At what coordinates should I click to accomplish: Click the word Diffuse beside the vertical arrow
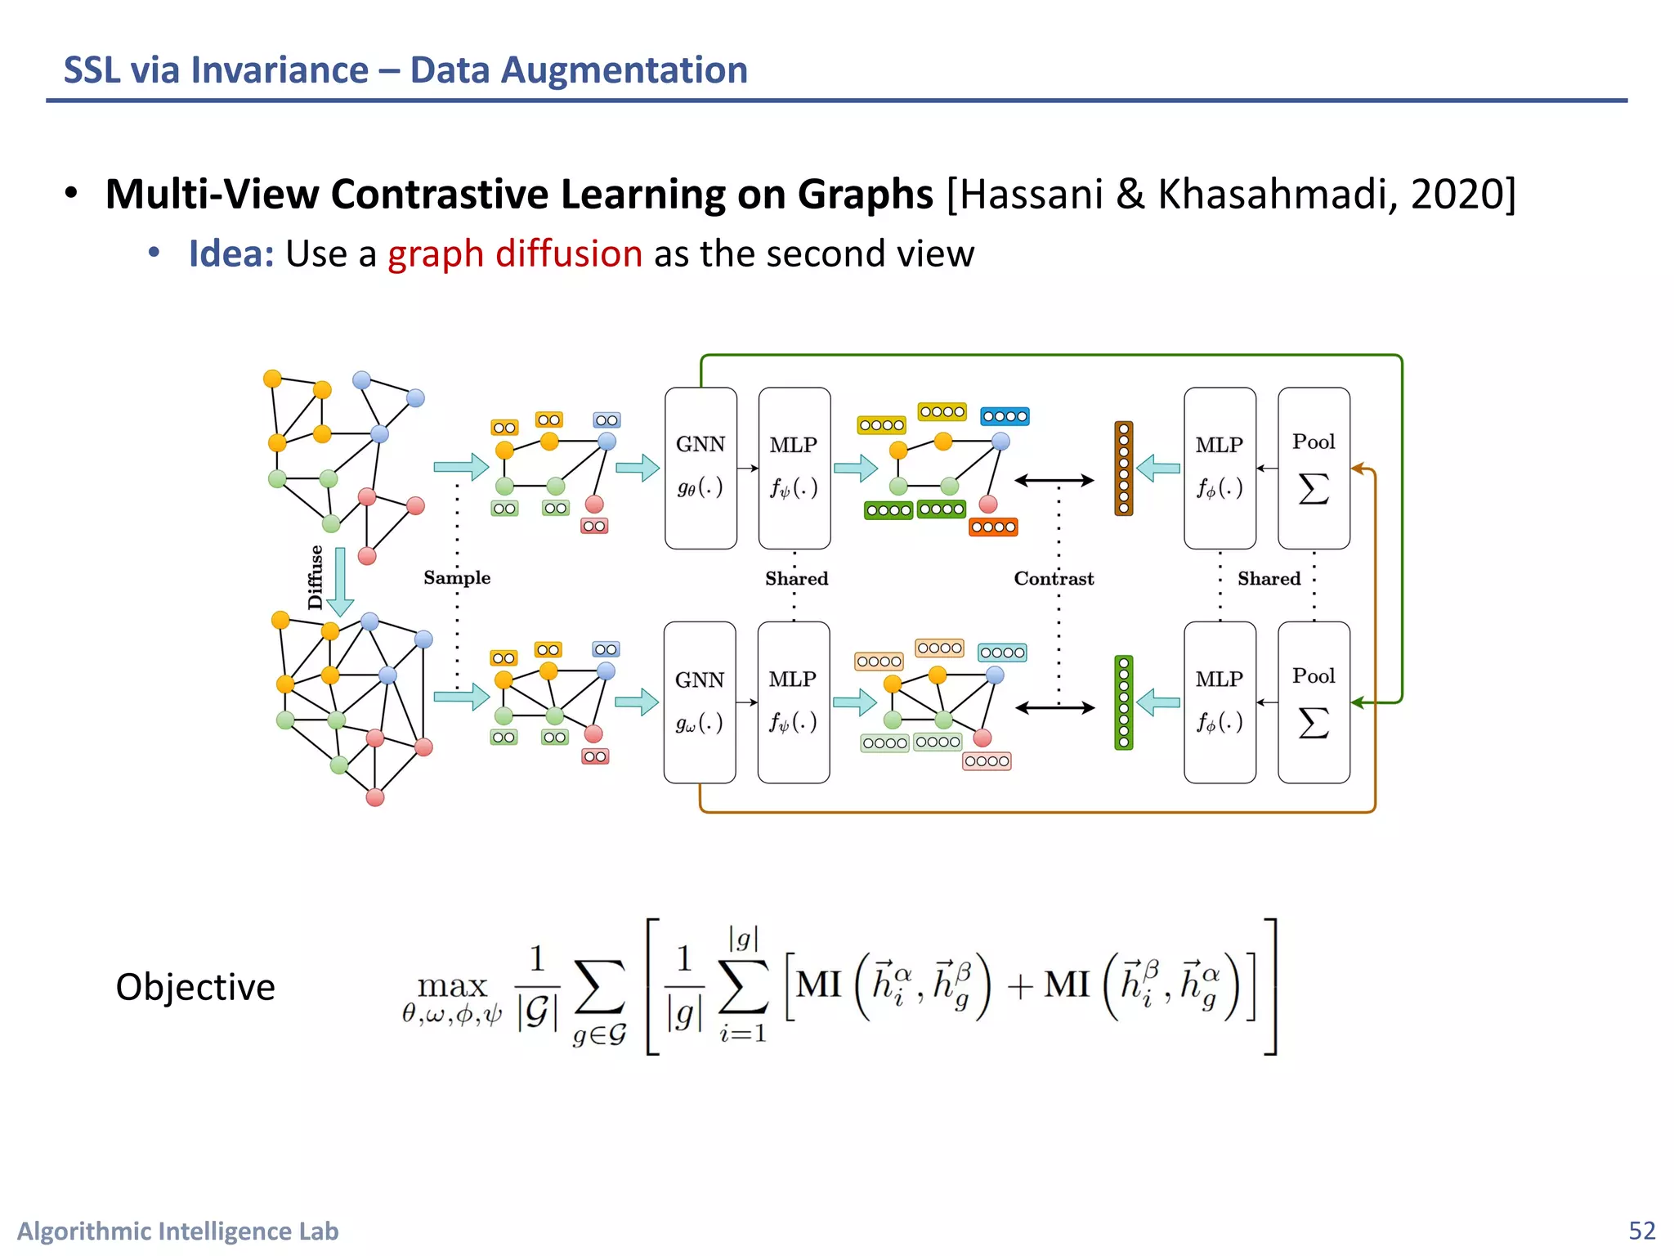point(316,577)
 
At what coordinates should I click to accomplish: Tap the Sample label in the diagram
point(457,577)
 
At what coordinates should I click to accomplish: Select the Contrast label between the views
point(1054,579)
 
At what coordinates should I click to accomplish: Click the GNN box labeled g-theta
point(700,468)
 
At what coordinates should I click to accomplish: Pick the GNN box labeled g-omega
point(700,702)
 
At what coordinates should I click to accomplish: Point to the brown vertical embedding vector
point(1124,469)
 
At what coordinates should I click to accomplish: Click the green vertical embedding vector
point(1124,702)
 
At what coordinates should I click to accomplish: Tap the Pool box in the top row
point(1314,468)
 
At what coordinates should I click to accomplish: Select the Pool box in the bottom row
point(1314,702)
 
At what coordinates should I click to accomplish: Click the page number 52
point(1641,1231)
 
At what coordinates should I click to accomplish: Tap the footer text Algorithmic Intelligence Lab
point(178,1231)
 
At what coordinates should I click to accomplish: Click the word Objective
point(195,987)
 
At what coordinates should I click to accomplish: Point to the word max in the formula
point(452,985)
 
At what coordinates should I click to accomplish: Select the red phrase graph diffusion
point(515,253)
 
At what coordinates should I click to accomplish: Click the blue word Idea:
point(231,253)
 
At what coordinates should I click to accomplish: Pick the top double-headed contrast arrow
point(1054,481)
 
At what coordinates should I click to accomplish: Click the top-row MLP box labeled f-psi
point(794,468)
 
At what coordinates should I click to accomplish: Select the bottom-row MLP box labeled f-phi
point(1220,702)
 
